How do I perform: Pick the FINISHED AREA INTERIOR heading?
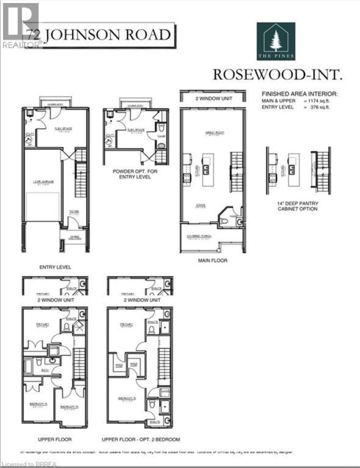(x=300, y=93)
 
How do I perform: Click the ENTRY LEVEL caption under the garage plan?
(x=55, y=267)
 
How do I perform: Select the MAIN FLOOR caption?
(x=212, y=260)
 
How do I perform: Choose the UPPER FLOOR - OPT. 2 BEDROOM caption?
(x=140, y=440)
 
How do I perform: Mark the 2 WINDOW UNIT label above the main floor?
(x=213, y=98)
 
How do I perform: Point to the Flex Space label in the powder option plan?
(x=135, y=129)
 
